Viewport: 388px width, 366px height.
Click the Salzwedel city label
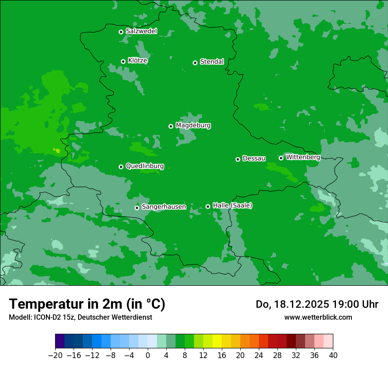[x=141, y=31]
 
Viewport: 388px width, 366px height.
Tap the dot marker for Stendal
[x=195, y=63]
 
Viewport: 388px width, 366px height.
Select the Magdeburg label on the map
[x=193, y=126]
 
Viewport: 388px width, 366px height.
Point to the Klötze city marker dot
[x=123, y=61]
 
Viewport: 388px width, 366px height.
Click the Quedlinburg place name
[x=145, y=166]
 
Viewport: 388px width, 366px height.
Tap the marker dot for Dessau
[x=238, y=159]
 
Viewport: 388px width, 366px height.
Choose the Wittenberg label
[x=302, y=157]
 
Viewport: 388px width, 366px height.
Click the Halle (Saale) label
[x=232, y=205]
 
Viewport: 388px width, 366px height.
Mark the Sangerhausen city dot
[x=137, y=208]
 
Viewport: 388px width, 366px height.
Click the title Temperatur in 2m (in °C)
[x=87, y=304]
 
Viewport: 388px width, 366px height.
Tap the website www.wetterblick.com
[x=318, y=317]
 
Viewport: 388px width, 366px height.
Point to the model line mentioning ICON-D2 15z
[x=80, y=317]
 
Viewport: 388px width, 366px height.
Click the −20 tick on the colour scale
[x=55, y=355]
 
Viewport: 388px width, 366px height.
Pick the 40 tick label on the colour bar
[x=333, y=355]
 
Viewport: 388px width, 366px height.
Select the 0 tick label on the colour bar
[x=148, y=355]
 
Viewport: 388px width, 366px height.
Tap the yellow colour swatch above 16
[x=217, y=341]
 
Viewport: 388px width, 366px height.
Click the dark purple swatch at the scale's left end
[x=60, y=341]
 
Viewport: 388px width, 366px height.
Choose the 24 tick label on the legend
[x=259, y=355]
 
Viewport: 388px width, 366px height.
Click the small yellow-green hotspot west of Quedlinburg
[x=57, y=151]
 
